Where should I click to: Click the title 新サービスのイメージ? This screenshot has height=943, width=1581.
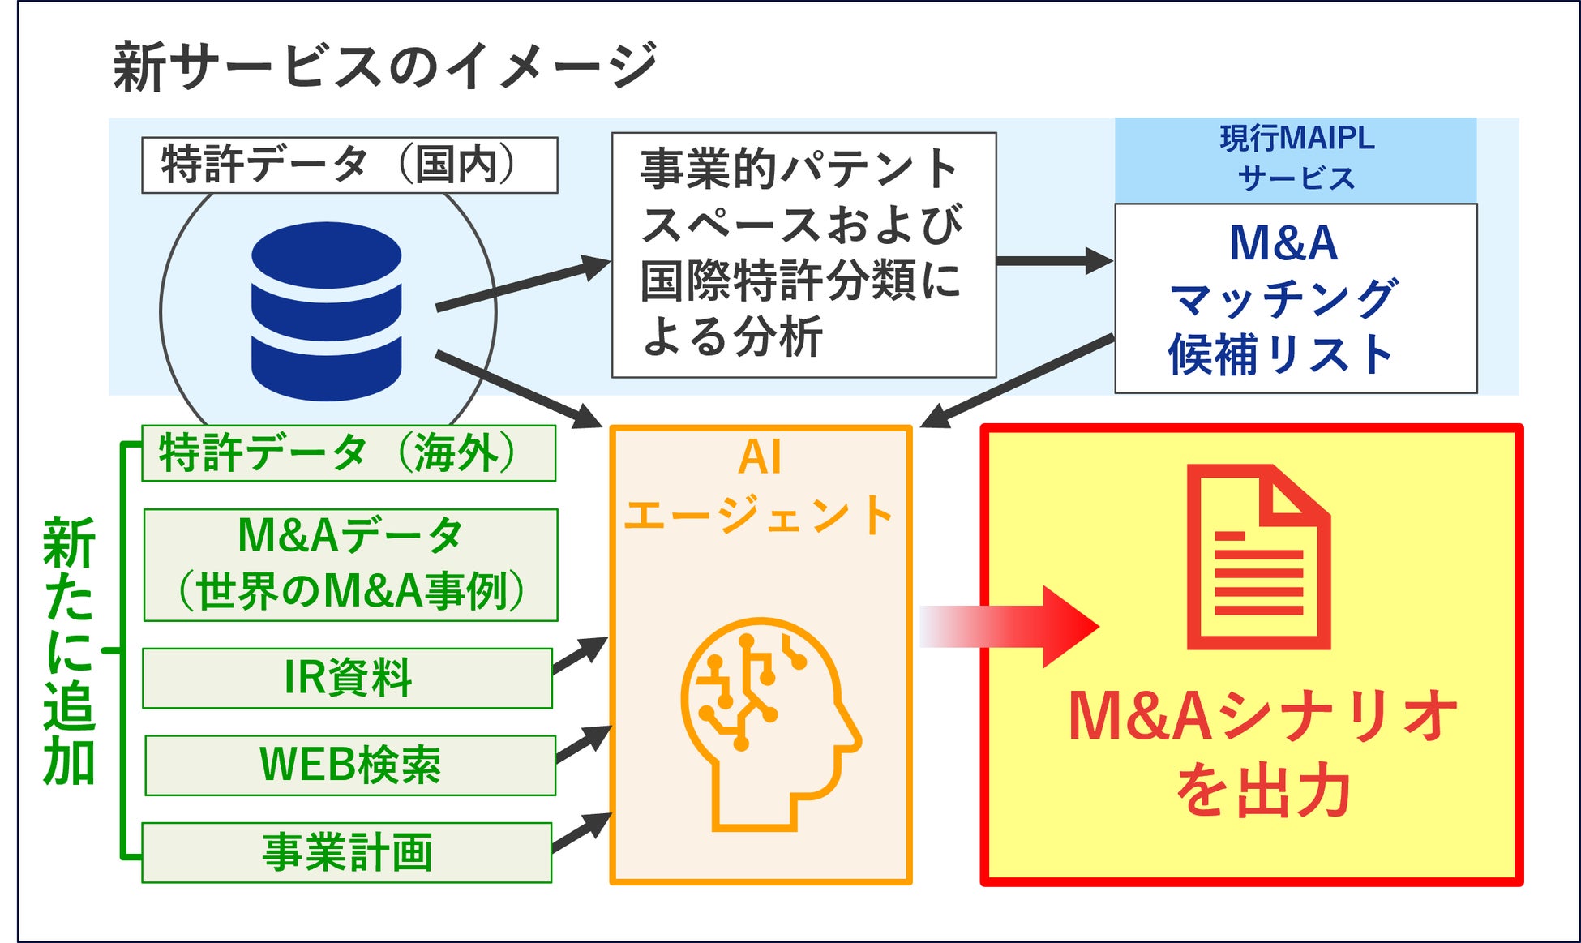384,66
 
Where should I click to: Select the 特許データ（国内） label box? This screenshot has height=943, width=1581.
349,165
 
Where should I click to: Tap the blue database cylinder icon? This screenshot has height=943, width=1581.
327,311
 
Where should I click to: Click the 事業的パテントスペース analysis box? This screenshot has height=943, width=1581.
803,255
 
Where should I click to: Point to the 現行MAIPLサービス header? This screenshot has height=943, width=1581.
1296,159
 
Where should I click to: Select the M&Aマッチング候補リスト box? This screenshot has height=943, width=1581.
1296,298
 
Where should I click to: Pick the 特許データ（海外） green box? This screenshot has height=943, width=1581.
349,453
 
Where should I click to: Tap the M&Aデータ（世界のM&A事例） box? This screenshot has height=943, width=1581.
350,564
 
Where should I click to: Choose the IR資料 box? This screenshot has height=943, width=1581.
347,678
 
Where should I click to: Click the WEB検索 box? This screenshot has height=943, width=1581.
349,765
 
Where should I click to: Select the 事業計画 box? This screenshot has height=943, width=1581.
346,852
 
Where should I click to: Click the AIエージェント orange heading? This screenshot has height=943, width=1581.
760,487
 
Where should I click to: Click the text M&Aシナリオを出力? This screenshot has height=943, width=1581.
1262,752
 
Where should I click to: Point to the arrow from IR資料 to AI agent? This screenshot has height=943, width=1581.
581,655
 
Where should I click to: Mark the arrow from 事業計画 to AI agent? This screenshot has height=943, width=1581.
582,833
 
